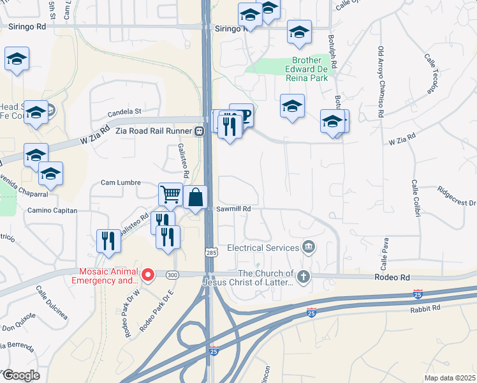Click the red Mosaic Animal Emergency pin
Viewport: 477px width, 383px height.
(148, 275)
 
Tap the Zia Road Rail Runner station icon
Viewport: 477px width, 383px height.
(199, 131)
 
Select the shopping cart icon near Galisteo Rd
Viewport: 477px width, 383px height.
(170, 194)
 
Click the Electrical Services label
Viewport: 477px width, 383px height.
(263, 247)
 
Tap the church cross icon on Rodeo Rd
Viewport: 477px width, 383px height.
(304, 276)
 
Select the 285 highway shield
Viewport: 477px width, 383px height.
(210, 253)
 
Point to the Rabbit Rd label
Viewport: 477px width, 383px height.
(427, 308)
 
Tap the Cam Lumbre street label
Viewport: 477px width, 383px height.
(121, 183)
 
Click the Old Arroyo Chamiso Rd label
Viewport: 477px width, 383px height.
(381, 81)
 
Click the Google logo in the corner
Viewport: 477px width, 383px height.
(20, 375)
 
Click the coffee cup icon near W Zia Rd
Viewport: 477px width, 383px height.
(243, 115)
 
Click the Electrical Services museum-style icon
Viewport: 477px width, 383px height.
(309, 246)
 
